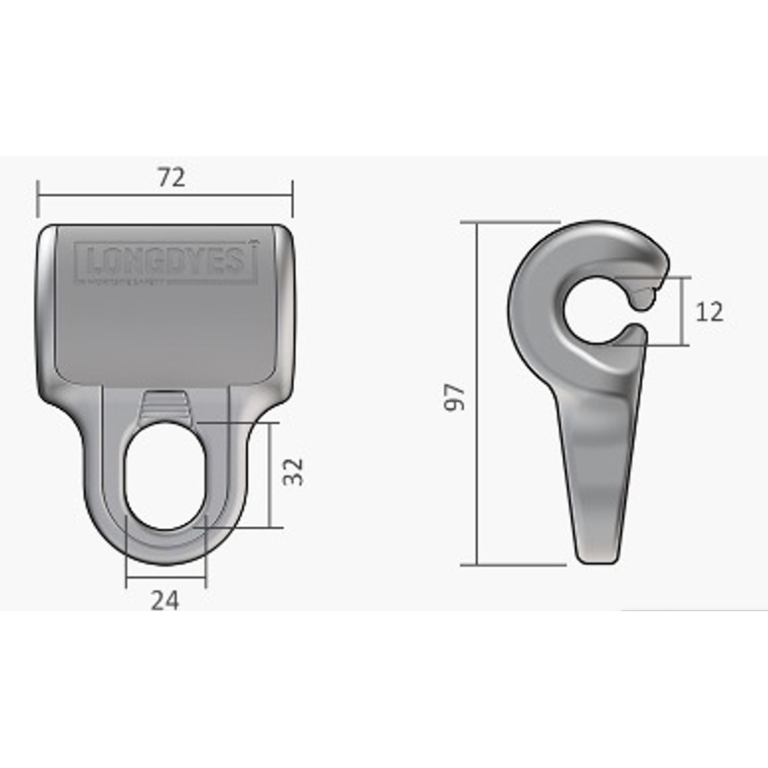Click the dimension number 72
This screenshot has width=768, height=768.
[171, 177]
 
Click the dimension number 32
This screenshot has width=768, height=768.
[293, 471]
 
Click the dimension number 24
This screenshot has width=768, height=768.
[165, 600]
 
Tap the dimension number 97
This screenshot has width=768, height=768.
[455, 397]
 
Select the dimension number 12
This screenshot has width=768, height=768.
[709, 312]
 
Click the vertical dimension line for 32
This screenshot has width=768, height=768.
[269, 475]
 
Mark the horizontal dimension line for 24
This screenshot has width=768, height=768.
[166, 577]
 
